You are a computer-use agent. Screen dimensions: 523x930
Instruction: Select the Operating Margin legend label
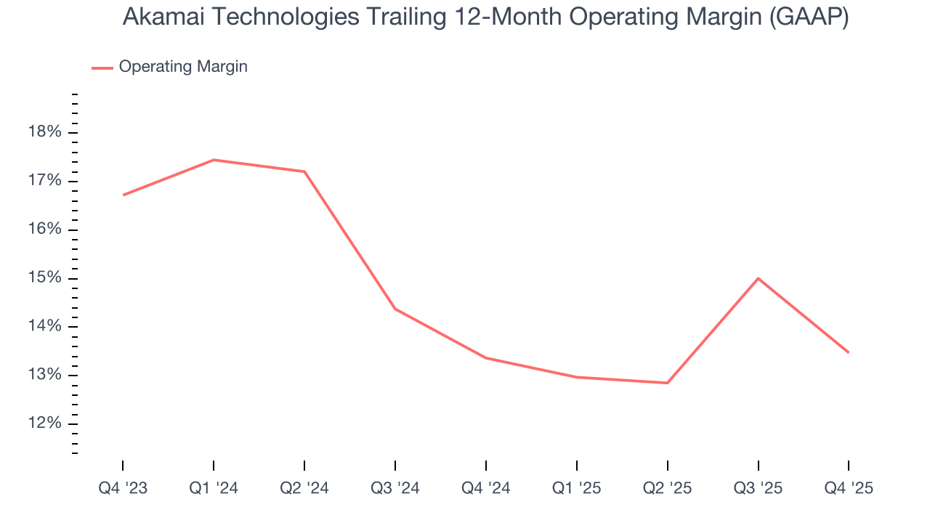(x=183, y=67)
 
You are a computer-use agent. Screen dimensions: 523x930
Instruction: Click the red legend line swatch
(x=102, y=68)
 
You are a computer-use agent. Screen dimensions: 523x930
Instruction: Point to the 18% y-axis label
(x=44, y=132)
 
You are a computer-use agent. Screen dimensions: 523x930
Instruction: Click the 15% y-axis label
(x=44, y=278)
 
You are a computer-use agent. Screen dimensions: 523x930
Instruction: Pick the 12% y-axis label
(x=44, y=423)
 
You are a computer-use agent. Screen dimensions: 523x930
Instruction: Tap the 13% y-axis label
(x=44, y=375)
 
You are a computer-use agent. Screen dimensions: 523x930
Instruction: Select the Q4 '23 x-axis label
(x=123, y=488)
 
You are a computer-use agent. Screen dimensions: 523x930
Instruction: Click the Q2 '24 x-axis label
(x=304, y=488)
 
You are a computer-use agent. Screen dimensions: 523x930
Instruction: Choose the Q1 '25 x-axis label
(x=577, y=488)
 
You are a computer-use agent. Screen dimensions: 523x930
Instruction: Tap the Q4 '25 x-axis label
(x=849, y=488)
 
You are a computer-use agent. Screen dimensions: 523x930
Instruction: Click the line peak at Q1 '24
(x=214, y=160)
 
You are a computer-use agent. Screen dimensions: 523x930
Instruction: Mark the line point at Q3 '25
(x=758, y=278)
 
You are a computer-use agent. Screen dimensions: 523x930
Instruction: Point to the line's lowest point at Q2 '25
(x=667, y=383)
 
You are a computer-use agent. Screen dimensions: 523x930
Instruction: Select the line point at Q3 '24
(x=395, y=309)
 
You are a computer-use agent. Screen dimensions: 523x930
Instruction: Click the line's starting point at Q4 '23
(x=124, y=195)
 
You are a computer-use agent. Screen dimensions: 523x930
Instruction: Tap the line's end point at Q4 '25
(x=848, y=352)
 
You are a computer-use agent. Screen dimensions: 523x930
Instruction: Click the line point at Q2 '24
(x=304, y=171)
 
